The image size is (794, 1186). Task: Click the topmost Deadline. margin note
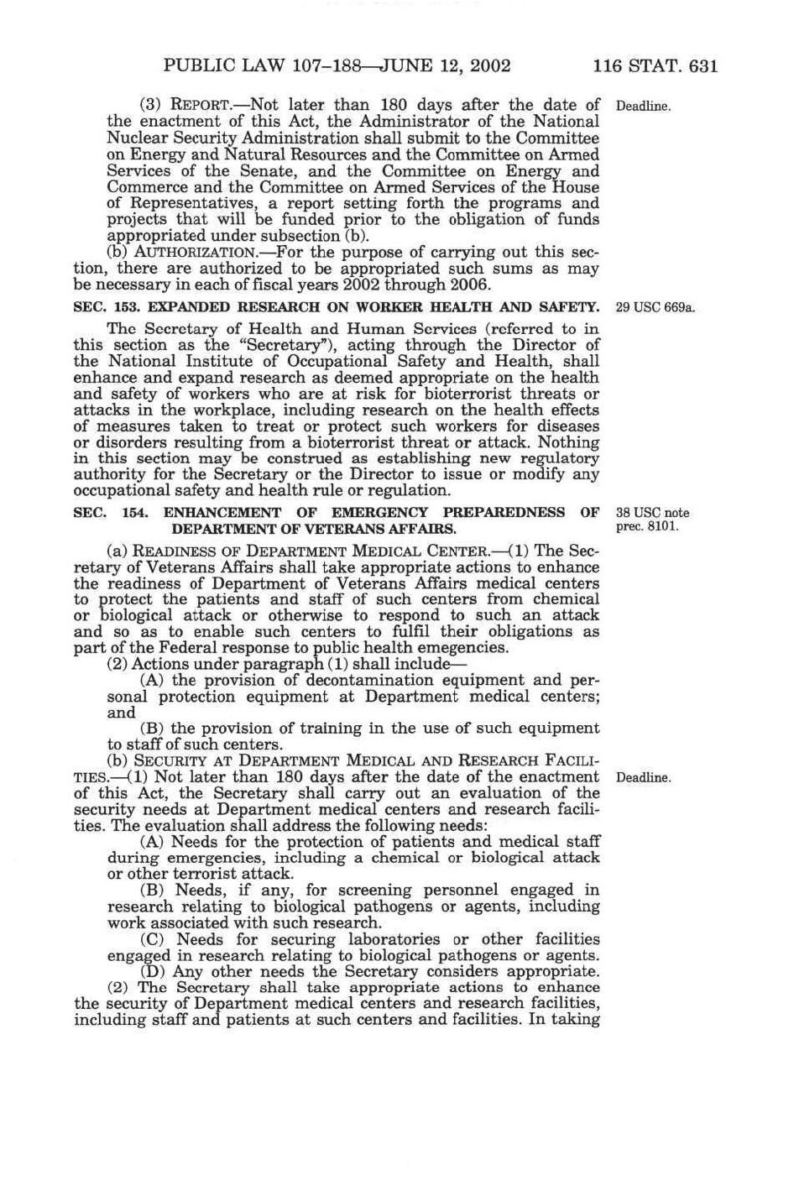[643, 107]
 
